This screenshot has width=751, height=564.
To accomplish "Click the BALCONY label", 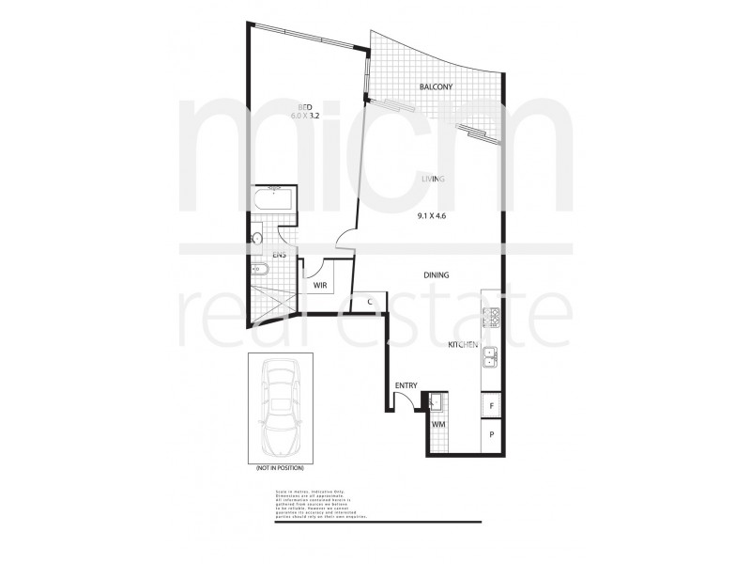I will [437, 88].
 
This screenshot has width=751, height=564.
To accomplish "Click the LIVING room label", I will [432, 178].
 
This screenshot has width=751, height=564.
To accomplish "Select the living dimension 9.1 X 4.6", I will [433, 216].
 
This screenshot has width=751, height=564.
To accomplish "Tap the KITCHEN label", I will [464, 346].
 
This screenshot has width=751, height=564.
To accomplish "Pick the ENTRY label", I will [406, 384].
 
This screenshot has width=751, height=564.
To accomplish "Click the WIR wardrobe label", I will [319, 285].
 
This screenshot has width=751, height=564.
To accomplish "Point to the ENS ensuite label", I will [279, 255].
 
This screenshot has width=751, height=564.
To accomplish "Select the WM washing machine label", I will [437, 426].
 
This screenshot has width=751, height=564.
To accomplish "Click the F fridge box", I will [491, 405].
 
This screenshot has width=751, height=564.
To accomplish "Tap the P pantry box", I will [491, 436].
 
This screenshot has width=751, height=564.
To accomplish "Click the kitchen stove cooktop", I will [491, 320].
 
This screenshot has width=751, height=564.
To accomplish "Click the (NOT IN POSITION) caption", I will [279, 467].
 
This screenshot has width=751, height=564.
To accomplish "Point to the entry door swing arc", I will [406, 400].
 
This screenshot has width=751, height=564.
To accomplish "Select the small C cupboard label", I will [372, 302].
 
